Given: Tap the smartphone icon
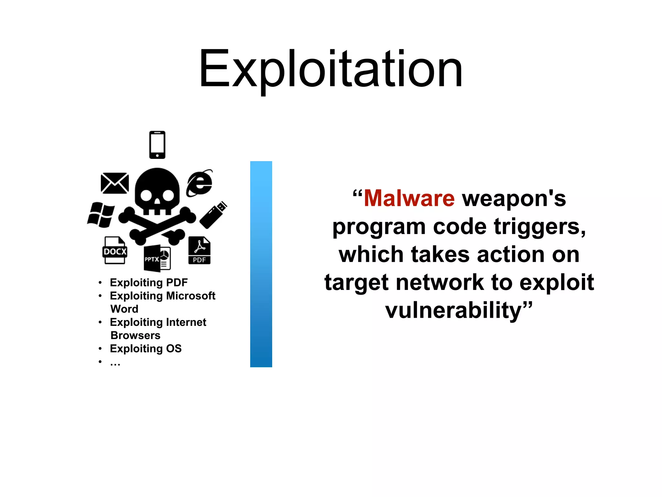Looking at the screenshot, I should (157, 145).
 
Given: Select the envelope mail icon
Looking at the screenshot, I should (114, 183).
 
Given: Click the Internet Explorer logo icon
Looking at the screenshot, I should (199, 183).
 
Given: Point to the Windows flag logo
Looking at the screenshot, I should (101, 215).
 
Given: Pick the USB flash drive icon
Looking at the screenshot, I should (213, 215).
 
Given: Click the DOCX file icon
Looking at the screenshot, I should (115, 251).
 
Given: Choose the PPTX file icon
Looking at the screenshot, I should (157, 258).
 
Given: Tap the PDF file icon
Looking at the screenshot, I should (199, 251).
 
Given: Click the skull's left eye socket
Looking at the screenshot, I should (146, 195).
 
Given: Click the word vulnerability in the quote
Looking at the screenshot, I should (454, 310).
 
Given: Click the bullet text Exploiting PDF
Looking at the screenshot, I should (149, 282).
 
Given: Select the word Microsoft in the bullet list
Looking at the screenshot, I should (190, 296).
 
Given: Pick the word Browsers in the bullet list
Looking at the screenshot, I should (135, 336).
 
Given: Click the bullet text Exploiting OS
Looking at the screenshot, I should (146, 348).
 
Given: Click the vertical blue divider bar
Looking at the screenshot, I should (261, 264).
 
